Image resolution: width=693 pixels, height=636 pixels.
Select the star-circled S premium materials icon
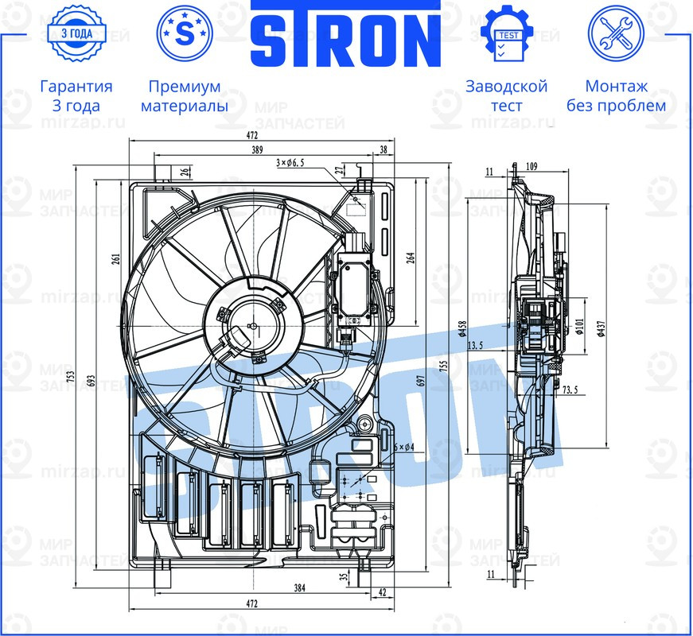point(185,33)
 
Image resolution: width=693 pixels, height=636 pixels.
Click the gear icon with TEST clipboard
point(507,34)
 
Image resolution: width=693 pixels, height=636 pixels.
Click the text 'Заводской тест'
point(507,95)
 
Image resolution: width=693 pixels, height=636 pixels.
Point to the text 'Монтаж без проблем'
point(616,95)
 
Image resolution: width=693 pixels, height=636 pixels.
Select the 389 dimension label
point(257,149)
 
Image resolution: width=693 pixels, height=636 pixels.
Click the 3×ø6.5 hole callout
point(290,163)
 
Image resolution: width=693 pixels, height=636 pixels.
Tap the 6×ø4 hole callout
point(405,448)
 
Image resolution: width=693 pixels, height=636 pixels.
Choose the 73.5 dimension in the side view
point(570,391)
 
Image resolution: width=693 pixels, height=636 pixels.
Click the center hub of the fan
point(251,325)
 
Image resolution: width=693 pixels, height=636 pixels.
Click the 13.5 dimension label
point(477,345)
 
